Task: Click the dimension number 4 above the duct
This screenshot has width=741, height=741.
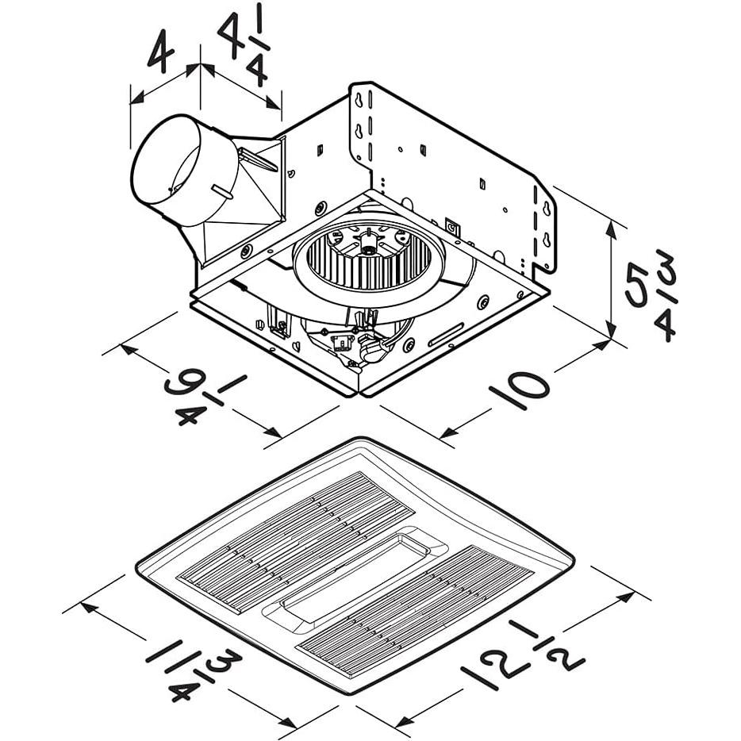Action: [x=161, y=52]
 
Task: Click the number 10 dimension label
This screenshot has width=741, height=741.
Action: [x=517, y=387]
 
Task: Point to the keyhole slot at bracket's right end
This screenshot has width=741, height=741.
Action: [x=546, y=210]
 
